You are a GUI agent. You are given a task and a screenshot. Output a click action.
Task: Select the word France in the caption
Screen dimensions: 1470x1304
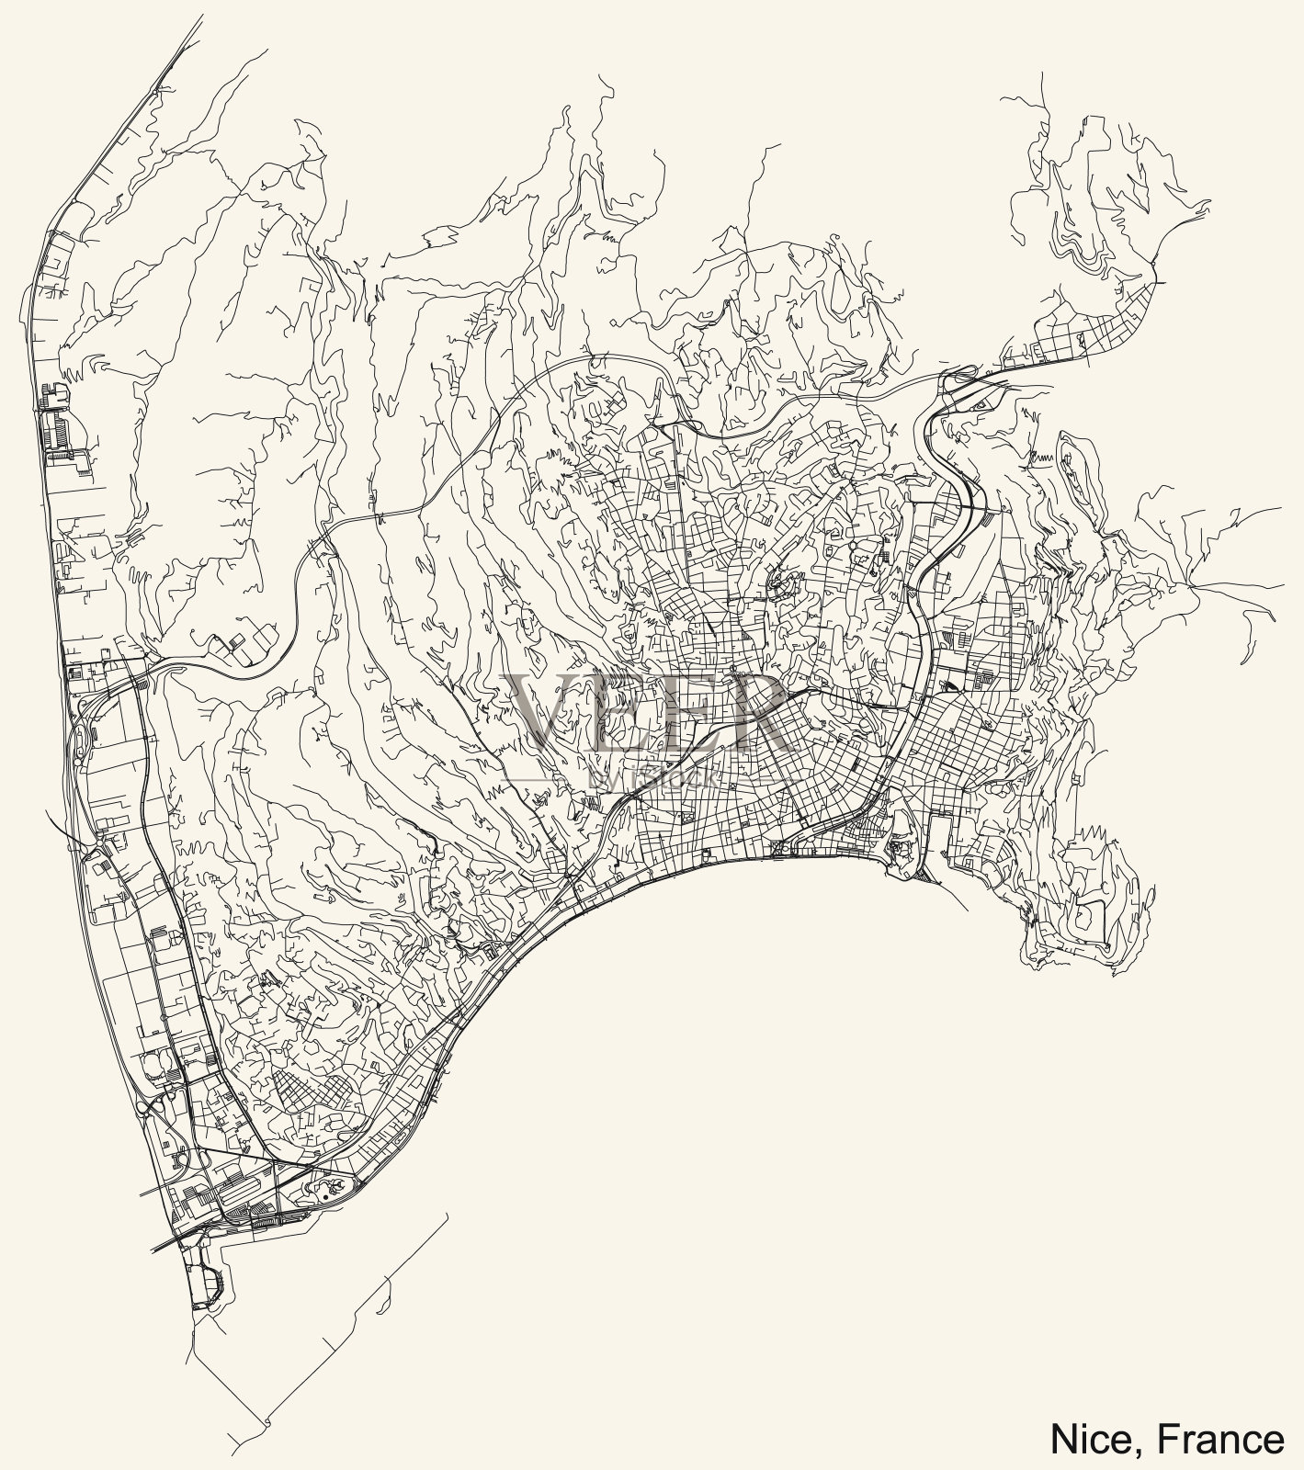coord(1221,1439)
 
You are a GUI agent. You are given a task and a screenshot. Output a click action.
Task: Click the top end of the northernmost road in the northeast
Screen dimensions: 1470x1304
coord(1045,74)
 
